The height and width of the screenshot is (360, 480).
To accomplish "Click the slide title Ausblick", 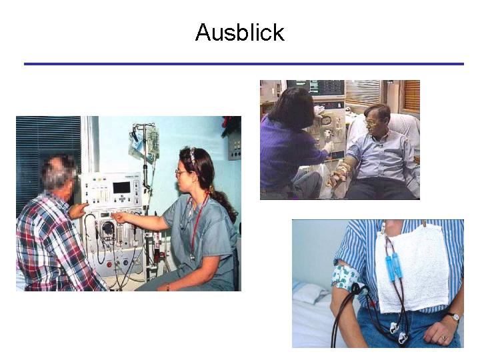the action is coord(240,33).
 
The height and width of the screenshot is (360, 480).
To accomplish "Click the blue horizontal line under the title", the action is coord(244,64).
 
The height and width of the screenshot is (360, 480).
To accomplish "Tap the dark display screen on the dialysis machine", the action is coord(121,187).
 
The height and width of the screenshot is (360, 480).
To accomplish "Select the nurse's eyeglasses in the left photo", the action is coord(181,173).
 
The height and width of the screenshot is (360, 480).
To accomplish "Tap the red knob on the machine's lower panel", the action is coord(109,265).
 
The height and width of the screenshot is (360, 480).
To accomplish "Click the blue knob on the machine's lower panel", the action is coord(125,263).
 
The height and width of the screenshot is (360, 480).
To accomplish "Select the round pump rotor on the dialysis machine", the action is coord(107,229).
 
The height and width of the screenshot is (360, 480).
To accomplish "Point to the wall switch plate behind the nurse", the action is coord(235,149).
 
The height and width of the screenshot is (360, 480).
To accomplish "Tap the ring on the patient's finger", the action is coord(443,338).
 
